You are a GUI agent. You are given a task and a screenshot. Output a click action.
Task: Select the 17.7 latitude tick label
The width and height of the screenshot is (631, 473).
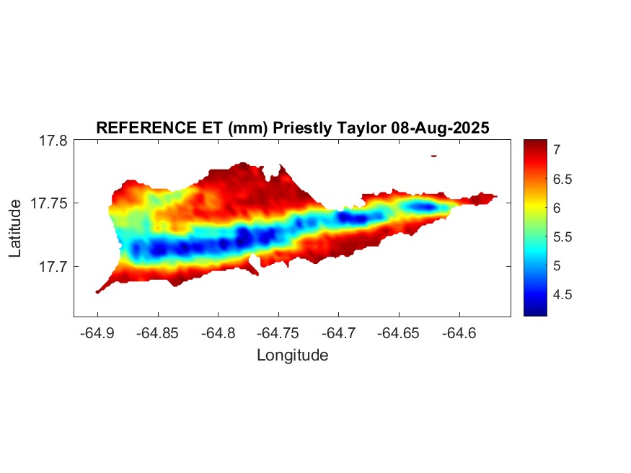[x=53, y=266]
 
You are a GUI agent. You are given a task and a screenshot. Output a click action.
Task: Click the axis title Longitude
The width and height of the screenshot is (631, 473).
[x=292, y=355]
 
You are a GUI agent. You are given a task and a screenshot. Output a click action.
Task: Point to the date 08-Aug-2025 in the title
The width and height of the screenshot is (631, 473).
[x=440, y=128]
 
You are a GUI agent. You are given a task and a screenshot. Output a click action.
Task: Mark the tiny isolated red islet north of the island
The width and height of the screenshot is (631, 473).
[x=433, y=155]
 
